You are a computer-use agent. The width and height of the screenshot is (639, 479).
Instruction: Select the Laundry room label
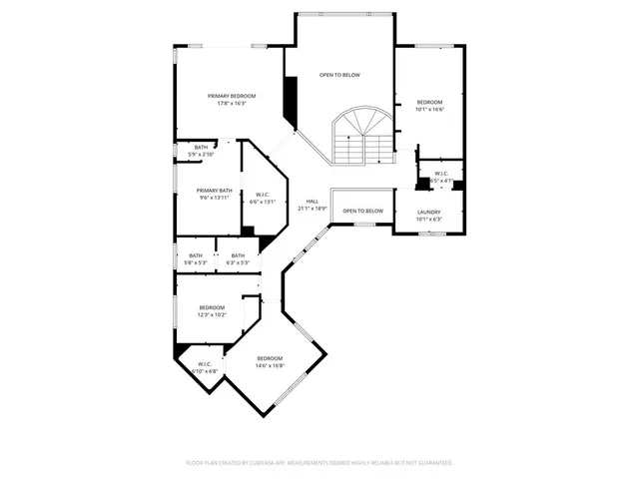428,212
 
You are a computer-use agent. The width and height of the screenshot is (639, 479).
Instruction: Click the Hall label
312,202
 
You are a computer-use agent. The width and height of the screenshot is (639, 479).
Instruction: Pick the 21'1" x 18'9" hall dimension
312,209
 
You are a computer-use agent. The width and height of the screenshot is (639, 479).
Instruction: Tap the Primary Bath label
214,191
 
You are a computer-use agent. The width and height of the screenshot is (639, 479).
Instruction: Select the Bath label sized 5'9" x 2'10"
201,148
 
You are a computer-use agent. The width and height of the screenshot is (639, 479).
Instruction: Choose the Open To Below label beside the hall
362,211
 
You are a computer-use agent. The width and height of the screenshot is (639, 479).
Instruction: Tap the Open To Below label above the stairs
339,75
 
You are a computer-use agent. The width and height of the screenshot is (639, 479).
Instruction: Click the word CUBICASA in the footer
262,463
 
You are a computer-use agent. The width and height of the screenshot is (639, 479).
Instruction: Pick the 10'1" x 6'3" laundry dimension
428,219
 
